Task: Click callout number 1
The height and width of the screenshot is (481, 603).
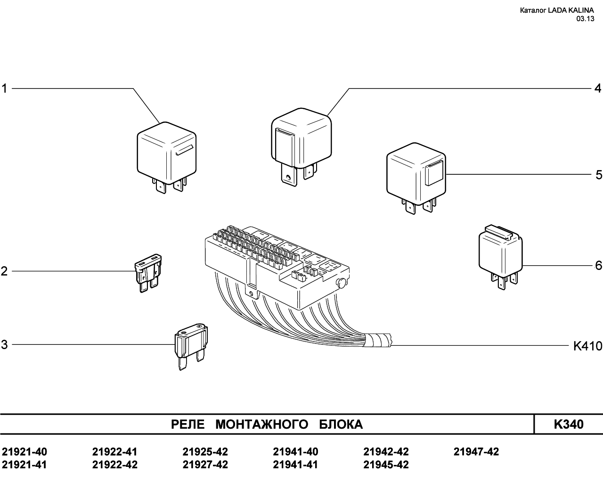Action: pyautogui.click(x=4, y=89)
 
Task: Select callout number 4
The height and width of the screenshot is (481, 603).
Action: pyautogui.click(x=598, y=89)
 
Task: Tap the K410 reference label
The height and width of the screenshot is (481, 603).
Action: pyautogui.click(x=587, y=346)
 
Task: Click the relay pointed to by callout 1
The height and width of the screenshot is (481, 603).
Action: pyautogui.click(x=166, y=157)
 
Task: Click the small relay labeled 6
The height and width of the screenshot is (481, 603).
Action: pyautogui.click(x=500, y=256)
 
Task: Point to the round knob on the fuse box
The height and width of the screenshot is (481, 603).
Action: pyautogui.click(x=341, y=283)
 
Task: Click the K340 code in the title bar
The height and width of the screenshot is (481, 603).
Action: pyautogui.click(x=569, y=424)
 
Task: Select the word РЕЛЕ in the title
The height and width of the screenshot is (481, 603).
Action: pyautogui.click(x=188, y=424)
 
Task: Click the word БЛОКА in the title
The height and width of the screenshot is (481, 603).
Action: pyautogui.click(x=341, y=424)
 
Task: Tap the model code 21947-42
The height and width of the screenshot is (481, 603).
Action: pyautogui.click(x=476, y=452)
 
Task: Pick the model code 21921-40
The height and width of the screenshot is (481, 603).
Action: pyautogui.click(x=24, y=452)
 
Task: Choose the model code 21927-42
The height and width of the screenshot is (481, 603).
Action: pyautogui.click(x=205, y=465)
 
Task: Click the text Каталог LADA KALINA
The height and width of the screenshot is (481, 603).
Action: pyautogui.click(x=557, y=10)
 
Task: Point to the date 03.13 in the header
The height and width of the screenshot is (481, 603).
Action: pyautogui.click(x=585, y=19)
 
